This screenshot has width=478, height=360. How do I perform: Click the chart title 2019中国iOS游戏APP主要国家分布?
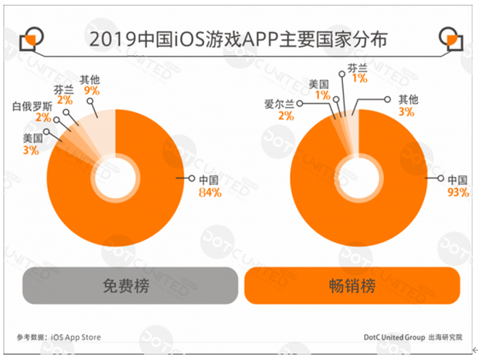pos(238,39)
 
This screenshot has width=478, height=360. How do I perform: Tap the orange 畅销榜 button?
pos(352,286)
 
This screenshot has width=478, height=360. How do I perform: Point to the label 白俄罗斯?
pos(32,106)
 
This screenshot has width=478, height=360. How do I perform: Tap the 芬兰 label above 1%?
pos(357,67)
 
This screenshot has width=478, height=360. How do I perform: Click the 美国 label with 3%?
pos(32,138)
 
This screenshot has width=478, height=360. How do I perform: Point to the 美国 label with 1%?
pos(319,84)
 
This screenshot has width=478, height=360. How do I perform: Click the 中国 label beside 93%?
pos(457,180)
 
